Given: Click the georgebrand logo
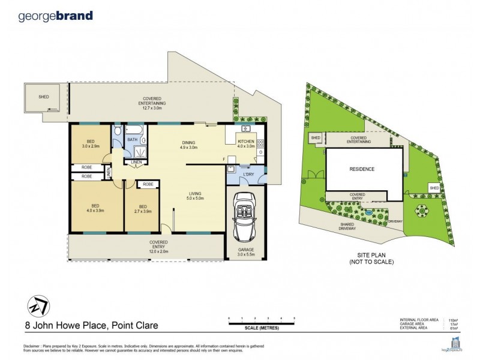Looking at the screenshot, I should pyautogui.click(x=56, y=16).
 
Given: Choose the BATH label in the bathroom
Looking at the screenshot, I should pyautogui.click(x=132, y=140).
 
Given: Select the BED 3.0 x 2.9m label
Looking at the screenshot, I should pyautogui.click(x=91, y=144).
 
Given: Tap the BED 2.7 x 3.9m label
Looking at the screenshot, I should pyautogui.click(x=142, y=209).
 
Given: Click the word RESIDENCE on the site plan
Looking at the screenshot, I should pyautogui.click(x=362, y=169).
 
